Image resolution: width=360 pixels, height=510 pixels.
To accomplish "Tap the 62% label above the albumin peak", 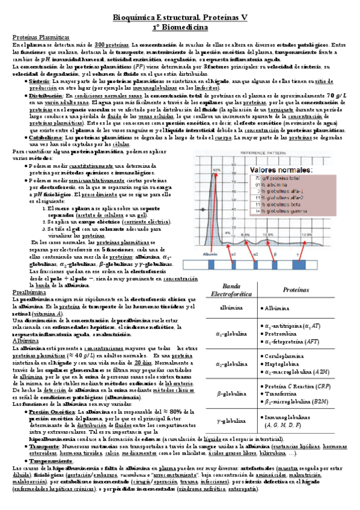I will click(x=217, y=170).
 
